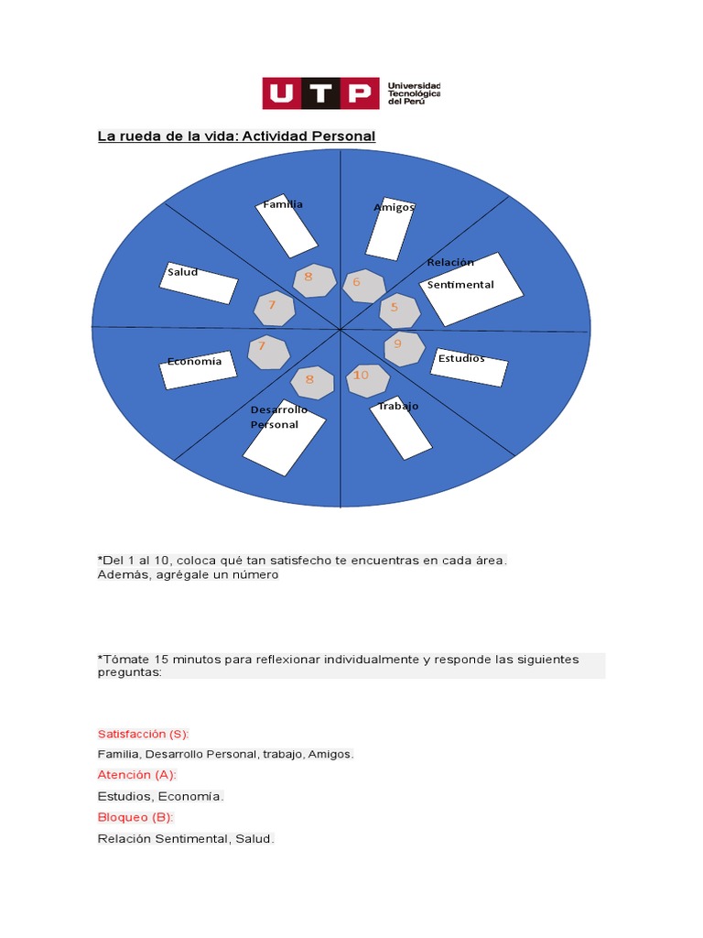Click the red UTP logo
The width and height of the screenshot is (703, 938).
pyautogui.click(x=320, y=93)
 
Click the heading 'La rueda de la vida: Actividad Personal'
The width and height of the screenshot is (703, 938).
pyautogui.click(x=236, y=136)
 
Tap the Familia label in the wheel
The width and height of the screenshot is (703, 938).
pyautogui.click(x=283, y=204)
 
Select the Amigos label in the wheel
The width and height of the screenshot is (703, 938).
pyautogui.click(x=394, y=208)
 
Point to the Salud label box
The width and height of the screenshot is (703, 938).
pyautogui.click(x=182, y=272)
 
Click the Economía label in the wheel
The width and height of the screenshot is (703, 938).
pyautogui.click(x=194, y=361)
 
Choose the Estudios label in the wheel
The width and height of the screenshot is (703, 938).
pyautogui.click(x=461, y=358)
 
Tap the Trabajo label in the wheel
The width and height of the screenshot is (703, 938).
pyautogui.click(x=398, y=406)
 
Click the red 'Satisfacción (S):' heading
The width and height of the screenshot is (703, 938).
pyautogui.click(x=143, y=734)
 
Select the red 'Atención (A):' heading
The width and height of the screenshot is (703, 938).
pyautogui.click(x=137, y=775)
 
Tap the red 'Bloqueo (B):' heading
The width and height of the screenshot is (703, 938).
pyautogui.click(x=135, y=817)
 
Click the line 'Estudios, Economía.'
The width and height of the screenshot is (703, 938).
pyautogui.click(x=161, y=796)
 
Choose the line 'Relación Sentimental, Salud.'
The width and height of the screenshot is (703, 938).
pyautogui.click(x=186, y=838)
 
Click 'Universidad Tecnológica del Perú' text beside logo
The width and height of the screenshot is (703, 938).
pyautogui.click(x=414, y=93)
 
